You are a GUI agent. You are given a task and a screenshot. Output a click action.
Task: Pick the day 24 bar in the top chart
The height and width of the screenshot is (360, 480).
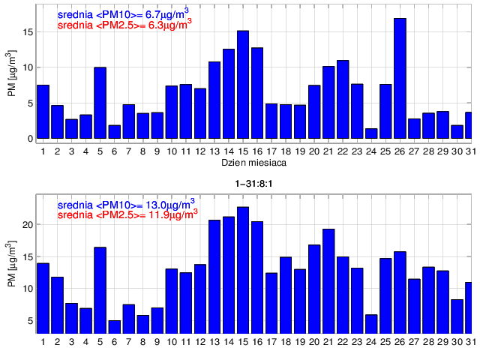(371, 133)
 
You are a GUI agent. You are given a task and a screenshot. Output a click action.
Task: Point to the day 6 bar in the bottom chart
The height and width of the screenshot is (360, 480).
(114, 327)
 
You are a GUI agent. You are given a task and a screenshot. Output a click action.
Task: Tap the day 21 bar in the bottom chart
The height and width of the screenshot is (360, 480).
(328, 281)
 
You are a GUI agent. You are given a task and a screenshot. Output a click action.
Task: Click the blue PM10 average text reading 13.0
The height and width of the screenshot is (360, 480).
(127, 202)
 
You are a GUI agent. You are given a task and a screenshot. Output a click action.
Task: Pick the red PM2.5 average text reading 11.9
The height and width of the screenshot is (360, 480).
(127, 213)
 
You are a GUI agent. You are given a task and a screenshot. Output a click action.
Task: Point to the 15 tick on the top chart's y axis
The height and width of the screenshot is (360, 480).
(28, 32)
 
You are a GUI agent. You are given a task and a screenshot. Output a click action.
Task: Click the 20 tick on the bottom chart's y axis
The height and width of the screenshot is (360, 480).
(28, 225)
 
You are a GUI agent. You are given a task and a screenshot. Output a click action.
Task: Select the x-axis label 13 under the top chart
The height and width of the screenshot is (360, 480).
(214, 151)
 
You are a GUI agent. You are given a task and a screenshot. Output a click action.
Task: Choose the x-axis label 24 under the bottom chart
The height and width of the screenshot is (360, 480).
(371, 343)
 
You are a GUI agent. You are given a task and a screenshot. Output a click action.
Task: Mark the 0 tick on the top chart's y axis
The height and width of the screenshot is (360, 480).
(31, 139)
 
